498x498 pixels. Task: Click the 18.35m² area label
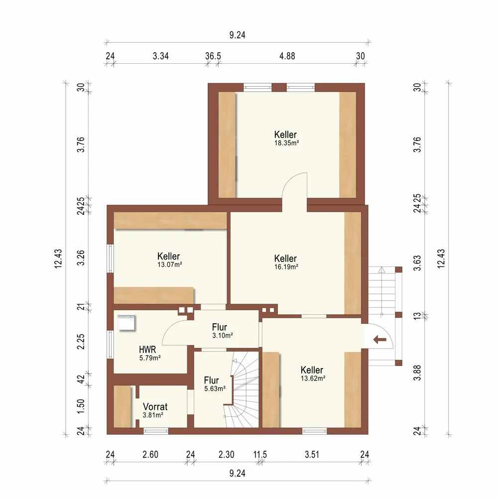point(286,143)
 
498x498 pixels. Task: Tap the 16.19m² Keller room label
point(285,258)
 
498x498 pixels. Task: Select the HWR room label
point(147,350)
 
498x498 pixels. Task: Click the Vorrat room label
point(155,406)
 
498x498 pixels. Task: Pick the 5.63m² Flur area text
point(215,388)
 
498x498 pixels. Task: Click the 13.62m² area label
point(313,378)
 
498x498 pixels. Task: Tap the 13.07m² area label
point(170,264)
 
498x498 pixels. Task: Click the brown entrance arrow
point(380,340)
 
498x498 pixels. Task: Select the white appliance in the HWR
point(126,323)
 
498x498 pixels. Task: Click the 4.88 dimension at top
point(287,56)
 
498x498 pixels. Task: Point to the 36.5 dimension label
point(213,56)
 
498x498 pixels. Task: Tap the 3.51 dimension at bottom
point(312,455)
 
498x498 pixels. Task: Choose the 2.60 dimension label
point(150,455)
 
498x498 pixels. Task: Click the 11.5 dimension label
point(260,455)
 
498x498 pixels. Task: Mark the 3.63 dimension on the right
point(417,263)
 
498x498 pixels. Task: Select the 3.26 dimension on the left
point(81,257)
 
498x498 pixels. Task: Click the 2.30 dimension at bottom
point(227,455)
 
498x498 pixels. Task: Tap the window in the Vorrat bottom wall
point(155,431)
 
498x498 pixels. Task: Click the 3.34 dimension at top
point(161,56)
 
